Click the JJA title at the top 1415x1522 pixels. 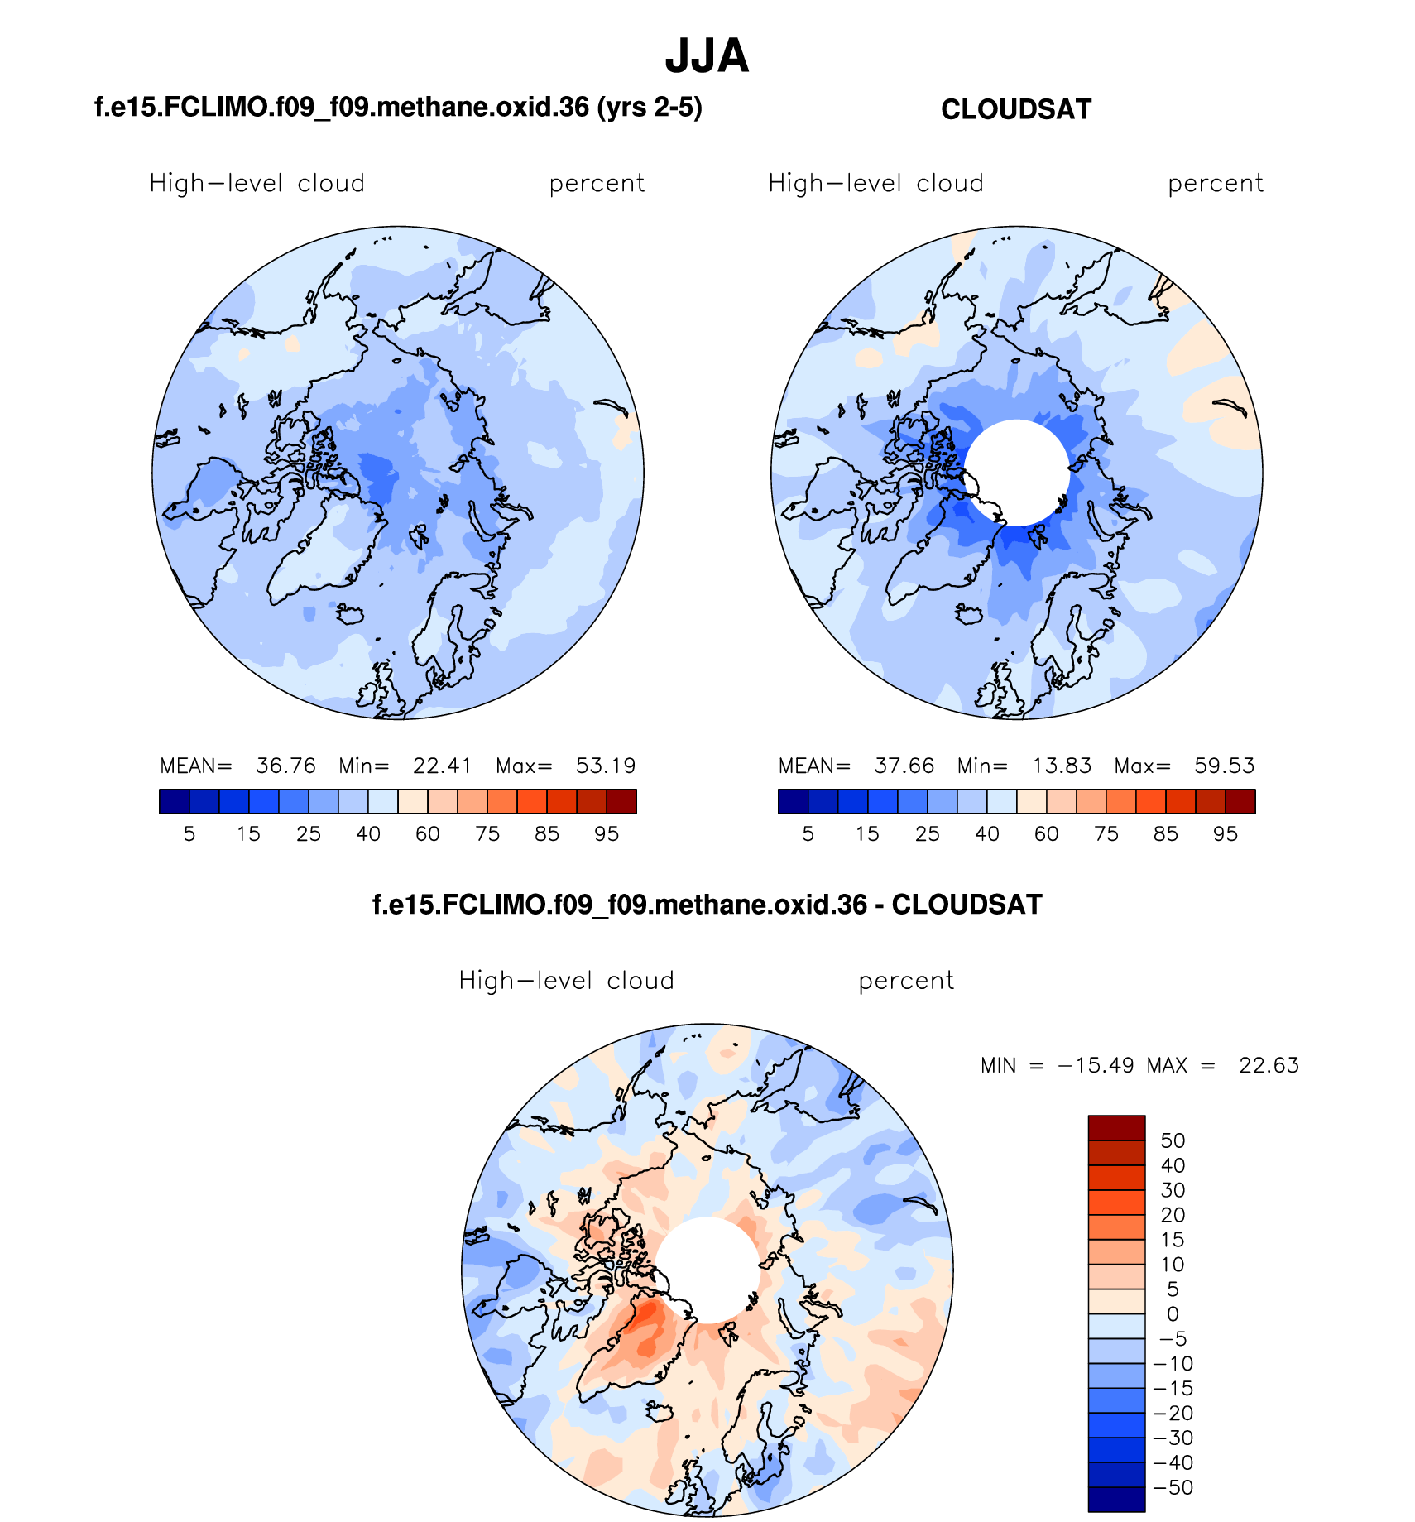click(707, 56)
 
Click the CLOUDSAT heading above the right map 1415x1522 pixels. click(1016, 110)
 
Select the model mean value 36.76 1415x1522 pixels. click(285, 766)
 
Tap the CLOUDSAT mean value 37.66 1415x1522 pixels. click(904, 766)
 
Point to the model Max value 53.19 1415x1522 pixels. click(606, 766)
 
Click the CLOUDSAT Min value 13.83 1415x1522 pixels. click(1062, 766)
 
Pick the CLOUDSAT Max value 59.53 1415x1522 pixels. click(1224, 766)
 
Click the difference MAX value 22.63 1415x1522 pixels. click(1269, 1065)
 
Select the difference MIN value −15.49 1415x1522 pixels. click(1095, 1065)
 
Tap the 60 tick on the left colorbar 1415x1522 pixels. click(428, 834)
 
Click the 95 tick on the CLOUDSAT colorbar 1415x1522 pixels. click(1226, 834)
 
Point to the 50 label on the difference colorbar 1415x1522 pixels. click(1173, 1141)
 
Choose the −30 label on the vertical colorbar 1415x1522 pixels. click(1173, 1438)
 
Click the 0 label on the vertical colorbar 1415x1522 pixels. click(1173, 1314)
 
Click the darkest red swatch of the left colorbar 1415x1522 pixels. click(621, 802)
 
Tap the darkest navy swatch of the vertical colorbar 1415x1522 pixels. click(1116, 1500)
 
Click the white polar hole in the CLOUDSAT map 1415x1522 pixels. click(1017, 473)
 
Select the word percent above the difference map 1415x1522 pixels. click(906, 981)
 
